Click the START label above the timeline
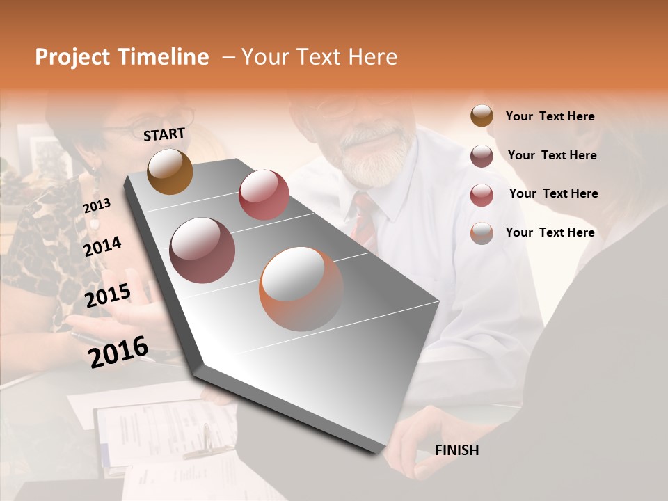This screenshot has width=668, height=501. coord(164,134)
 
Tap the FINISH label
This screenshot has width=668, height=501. coord(456,450)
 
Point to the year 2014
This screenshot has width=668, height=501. coord(103,246)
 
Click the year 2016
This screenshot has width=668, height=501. coord(118,351)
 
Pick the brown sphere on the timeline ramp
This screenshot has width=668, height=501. coord(170,171)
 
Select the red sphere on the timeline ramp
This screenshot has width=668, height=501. coord(264,194)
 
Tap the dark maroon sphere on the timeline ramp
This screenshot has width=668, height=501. coord(202,250)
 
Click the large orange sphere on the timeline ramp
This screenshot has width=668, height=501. coord(301,289)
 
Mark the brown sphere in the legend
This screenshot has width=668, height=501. coord(482,116)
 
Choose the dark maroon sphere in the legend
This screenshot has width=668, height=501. coord(482,156)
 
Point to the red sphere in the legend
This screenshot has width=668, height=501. coord(482,194)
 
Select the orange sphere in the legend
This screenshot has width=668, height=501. coord(482,233)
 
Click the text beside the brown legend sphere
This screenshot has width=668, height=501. coord(550,116)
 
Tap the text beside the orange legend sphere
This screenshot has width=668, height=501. coord(550,232)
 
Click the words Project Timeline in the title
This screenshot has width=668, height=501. coord(122,57)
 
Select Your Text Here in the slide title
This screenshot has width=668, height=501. coord(319,57)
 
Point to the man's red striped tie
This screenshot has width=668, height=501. coord(363,219)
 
